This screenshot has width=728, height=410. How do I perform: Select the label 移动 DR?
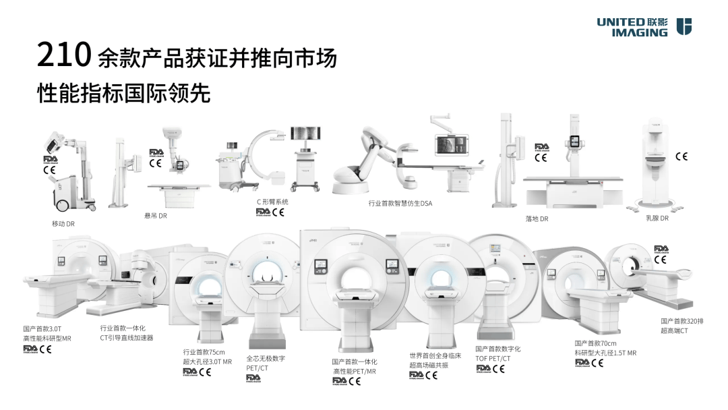click(63, 223)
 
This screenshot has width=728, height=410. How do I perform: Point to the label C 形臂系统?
click(272, 202)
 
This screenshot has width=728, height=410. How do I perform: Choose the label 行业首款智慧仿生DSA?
click(400, 203)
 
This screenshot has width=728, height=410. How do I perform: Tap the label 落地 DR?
click(537, 219)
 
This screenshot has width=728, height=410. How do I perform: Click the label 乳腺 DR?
click(657, 218)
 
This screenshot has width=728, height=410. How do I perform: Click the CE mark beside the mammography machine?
click(681, 156)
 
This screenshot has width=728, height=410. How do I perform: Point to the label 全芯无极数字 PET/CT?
click(266, 363)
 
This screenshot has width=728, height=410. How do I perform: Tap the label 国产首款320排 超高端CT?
click(682, 326)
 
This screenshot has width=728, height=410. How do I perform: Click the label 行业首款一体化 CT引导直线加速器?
click(126, 332)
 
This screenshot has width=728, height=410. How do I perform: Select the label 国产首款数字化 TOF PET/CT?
click(497, 353)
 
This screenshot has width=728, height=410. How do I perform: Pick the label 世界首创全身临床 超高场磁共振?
click(435, 360)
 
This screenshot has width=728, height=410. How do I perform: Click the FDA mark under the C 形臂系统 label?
click(262, 212)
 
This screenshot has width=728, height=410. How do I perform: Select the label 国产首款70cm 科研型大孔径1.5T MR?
click(605, 348)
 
